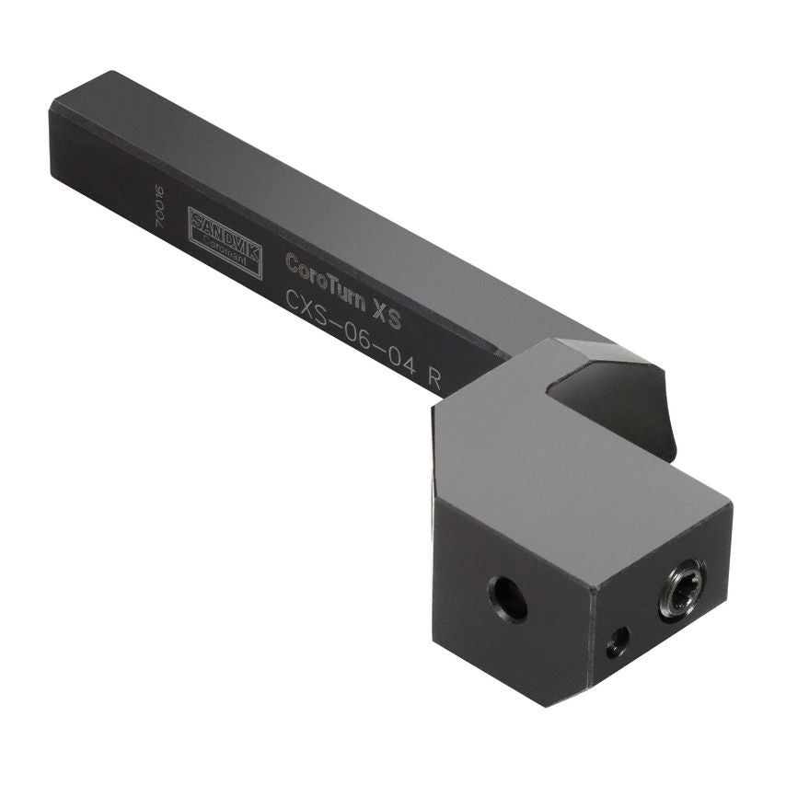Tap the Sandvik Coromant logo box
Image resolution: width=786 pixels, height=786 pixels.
(225, 242)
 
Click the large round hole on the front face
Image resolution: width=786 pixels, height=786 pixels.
(507, 599)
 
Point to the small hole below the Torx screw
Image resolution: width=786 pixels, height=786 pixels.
(618, 642)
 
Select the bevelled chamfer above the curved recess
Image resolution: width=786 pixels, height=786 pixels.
(612, 354)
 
